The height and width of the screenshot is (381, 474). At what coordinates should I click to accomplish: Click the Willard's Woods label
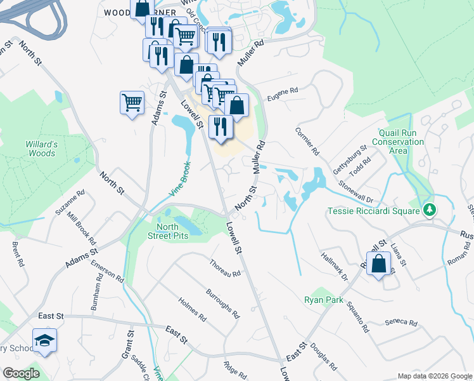(42, 149)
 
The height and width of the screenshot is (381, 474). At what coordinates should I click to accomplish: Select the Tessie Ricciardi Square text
(373, 210)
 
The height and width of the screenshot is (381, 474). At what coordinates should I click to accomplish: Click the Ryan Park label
(323, 299)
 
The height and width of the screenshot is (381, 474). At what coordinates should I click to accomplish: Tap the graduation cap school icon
(44, 341)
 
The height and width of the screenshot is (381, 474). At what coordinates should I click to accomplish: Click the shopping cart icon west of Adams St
(132, 102)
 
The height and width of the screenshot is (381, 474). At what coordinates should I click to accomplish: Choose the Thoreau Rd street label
(225, 269)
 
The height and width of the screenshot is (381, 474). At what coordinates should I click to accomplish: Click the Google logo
(21, 373)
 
